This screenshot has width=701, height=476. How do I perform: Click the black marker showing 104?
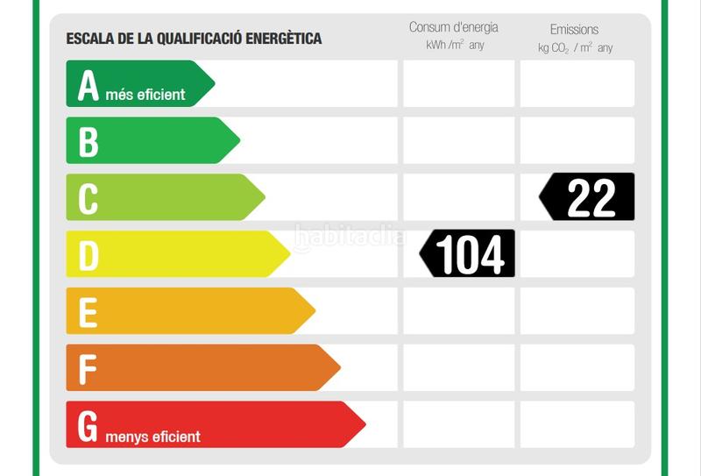click(x=468, y=254)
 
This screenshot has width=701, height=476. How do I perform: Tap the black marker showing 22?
click(x=587, y=197)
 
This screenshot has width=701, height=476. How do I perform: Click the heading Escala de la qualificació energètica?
click(x=194, y=39)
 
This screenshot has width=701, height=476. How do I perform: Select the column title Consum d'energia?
click(x=454, y=28)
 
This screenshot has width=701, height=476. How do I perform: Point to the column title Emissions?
click(x=575, y=30)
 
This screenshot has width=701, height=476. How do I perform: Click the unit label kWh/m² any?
click(x=455, y=46)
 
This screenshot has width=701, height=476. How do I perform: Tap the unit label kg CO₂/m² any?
click(x=576, y=47)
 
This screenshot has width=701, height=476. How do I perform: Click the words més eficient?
click(x=145, y=95)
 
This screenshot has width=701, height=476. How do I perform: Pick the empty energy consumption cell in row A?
click(x=458, y=84)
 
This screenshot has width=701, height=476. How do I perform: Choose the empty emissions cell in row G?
click(x=577, y=424)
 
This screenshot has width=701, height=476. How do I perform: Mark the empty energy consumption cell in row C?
click(x=458, y=197)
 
